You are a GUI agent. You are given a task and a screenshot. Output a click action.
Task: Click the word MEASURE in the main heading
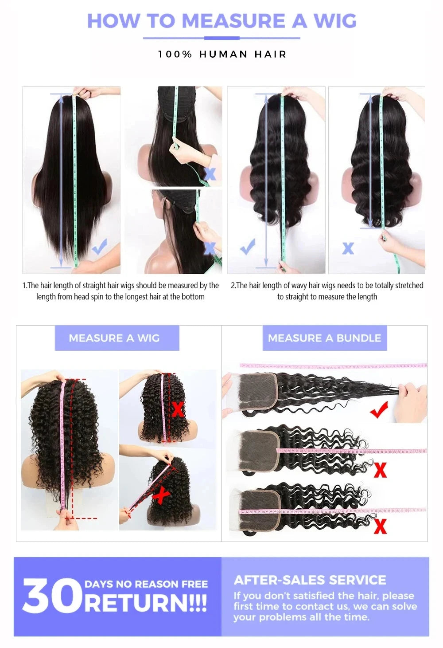[x=234, y=20]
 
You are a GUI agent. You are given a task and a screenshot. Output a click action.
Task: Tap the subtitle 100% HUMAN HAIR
[x=222, y=55]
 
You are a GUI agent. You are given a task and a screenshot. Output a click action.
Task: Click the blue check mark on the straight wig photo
[x=100, y=247]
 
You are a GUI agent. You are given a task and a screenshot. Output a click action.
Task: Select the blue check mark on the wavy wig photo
[x=247, y=246]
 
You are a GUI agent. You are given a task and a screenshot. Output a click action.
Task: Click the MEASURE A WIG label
[x=114, y=338]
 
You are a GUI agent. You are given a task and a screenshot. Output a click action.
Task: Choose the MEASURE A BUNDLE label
[x=324, y=338]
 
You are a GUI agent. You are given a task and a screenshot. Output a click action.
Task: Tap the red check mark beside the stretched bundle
[x=379, y=410]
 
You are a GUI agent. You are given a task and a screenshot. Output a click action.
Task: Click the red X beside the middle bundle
[x=380, y=470]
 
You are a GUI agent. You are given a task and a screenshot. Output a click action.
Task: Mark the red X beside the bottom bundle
[x=380, y=526]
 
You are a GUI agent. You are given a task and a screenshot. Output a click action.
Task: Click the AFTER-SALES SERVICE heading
[x=310, y=580]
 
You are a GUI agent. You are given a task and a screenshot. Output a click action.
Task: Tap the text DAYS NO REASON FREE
[x=146, y=584]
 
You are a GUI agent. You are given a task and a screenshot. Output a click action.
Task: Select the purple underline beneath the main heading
[x=221, y=38]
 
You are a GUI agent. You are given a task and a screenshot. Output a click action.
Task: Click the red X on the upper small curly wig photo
[x=178, y=409]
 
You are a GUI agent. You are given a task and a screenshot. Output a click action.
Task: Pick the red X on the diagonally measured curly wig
[x=160, y=495]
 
